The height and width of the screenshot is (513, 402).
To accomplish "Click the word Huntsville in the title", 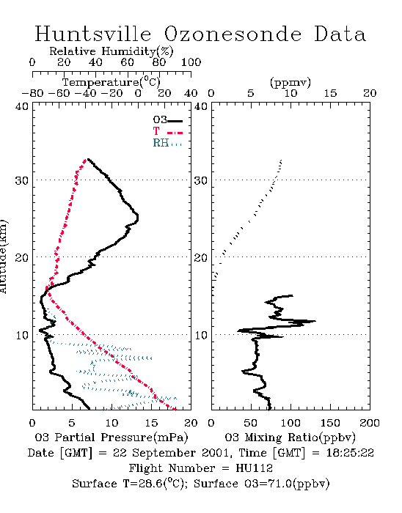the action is (93, 34).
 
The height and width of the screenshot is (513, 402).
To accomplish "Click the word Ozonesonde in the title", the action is (233, 34).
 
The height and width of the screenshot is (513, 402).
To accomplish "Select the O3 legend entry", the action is (167, 120).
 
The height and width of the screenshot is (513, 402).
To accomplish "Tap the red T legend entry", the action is (167, 131).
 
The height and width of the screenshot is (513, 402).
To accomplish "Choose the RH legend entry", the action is (167, 143).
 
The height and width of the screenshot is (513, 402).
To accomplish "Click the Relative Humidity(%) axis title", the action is (112, 51).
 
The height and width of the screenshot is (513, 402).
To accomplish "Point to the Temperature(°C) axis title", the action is (112, 82).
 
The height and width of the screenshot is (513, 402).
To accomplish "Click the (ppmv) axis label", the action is (290, 82).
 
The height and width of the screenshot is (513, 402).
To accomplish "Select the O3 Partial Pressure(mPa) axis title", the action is (112, 438).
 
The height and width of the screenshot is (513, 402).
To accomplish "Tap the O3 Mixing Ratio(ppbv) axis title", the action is (290, 438).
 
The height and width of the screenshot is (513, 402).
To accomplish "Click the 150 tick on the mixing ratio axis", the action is (330, 423).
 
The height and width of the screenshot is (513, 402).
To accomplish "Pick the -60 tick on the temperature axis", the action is (59, 93).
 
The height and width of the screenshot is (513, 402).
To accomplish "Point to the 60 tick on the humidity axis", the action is (127, 62).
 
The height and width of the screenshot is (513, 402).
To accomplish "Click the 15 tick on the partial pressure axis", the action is (151, 423).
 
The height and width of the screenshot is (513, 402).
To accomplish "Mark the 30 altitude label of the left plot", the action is (21, 180).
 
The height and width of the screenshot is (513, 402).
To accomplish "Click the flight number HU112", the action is (254, 468).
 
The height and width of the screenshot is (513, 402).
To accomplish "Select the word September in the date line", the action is (165, 454).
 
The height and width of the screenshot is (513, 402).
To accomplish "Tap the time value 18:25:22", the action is (350, 453).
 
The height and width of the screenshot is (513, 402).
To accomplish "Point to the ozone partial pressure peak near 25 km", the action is (138, 217).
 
